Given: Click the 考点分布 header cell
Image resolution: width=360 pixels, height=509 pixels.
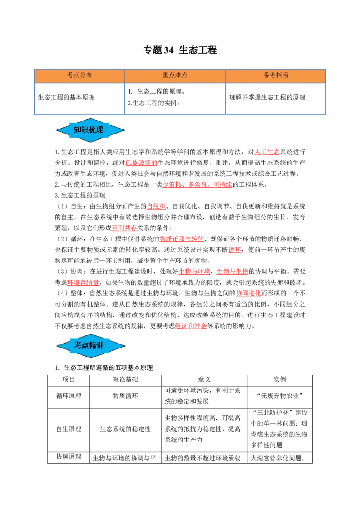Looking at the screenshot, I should click(x=79, y=76).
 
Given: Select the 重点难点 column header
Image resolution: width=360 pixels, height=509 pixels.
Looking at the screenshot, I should click(x=175, y=76).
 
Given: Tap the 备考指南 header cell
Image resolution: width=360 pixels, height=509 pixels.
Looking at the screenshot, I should click(x=275, y=76).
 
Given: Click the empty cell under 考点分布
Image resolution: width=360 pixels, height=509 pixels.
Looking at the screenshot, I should click(x=79, y=98).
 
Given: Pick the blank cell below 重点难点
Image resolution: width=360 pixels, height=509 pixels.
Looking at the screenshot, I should click(x=175, y=98).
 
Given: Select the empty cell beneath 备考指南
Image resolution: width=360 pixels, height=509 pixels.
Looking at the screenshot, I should click(x=275, y=98).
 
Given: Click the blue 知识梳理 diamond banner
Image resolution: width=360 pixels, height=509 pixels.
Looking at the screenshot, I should click(x=90, y=130).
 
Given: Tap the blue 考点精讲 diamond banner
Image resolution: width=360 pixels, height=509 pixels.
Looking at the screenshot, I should click(x=90, y=345).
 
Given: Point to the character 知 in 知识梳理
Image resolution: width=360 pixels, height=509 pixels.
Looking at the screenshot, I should click(x=77, y=130).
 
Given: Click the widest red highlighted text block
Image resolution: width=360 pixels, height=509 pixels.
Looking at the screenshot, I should click(x=198, y=184).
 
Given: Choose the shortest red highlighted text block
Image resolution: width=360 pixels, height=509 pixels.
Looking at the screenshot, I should click(x=234, y=250).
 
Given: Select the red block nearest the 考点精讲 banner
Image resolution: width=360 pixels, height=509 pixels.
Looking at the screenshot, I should click(x=191, y=326).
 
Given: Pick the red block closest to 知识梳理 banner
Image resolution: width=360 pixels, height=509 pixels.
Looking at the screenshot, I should click(x=141, y=163).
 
